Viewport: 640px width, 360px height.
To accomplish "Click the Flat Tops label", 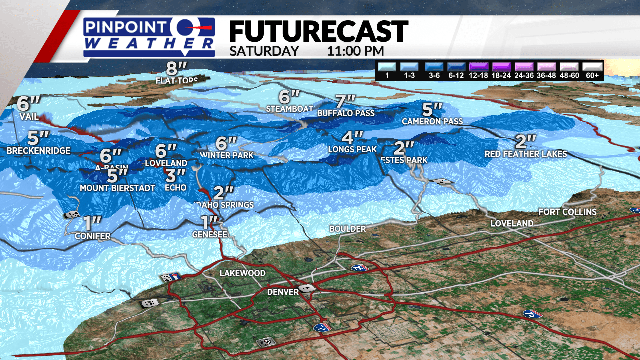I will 177,80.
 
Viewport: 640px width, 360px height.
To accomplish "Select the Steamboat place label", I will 289,108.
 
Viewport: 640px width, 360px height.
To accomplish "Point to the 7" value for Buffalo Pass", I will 346,102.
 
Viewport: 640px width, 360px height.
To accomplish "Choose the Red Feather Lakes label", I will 526,154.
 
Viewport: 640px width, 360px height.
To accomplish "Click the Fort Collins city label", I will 567,212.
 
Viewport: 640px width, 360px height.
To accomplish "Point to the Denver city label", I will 283,292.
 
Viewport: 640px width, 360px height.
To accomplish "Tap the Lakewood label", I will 243,273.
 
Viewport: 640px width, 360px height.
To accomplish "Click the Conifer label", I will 93,236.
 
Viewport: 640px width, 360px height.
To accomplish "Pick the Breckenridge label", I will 39,151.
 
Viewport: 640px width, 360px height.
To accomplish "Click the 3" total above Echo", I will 176,176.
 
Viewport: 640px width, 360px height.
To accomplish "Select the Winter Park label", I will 227,155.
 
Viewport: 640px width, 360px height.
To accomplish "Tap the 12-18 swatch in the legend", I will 479,67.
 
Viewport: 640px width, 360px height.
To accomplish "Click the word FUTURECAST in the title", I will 318,32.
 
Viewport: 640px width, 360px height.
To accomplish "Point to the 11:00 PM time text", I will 356,51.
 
